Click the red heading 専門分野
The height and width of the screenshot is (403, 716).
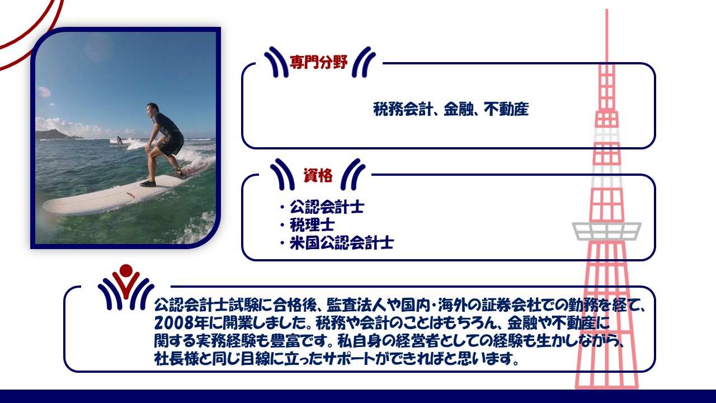pyautogui.click(x=318, y=62)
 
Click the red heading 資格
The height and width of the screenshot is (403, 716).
pyautogui.click(x=318, y=175)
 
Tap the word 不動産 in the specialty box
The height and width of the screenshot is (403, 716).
pyautogui.click(x=506, y=109)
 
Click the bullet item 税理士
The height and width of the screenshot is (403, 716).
pyautogui.click(x=312, y=225)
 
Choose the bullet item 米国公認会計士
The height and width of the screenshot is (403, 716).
pyautogui.click(x=341, y=243)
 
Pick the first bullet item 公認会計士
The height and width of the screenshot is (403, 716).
pyautogui.click(x=327, y=207)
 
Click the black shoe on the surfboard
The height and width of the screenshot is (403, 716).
pyautogui.click(x=148, y=184)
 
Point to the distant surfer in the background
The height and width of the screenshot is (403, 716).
pyautogui.click(x=119, y=140)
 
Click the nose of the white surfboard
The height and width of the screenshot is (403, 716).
pyautogui.click(x=45, y=207)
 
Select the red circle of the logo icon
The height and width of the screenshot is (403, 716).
pyautogui.click(x=126, y=270)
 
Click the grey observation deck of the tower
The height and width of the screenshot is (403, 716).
pyautogui.click(x=606, y=231)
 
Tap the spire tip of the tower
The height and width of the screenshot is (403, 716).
pyautogui.click(x=607, y=10)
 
